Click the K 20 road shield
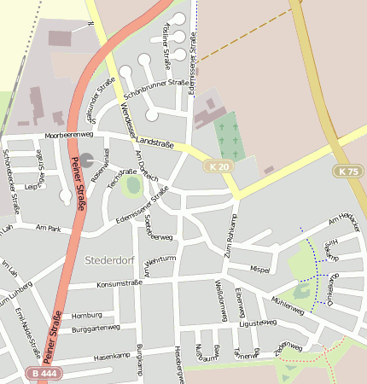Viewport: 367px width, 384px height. click(218, 166)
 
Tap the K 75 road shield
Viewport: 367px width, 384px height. click(347, 172)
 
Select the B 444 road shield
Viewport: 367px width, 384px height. click(44, 373)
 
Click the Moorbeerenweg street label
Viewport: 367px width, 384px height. click(70, 135)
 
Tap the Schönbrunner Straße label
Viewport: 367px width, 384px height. click(156, 83)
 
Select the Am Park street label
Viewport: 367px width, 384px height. click(50, 228)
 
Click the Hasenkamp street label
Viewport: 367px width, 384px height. click(110, 357)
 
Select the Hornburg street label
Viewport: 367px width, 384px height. click(87, 314)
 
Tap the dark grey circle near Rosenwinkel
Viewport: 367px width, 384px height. click(88, 160)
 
